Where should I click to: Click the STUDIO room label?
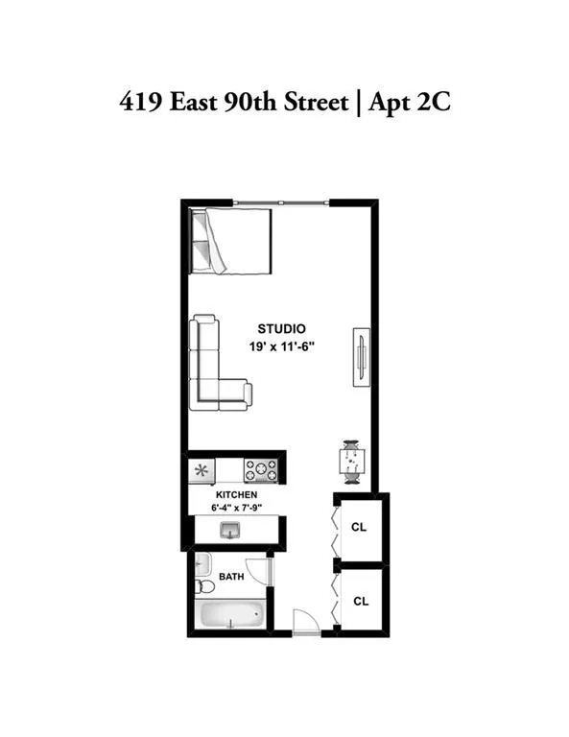(x=281, y=329)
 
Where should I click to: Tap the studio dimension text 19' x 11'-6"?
(x=281, y=346)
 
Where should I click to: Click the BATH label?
(x=231, y=578)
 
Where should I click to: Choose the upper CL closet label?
(x=359, y=527)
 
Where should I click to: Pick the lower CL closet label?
(x=361, y=602)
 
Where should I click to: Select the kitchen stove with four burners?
(x=260, y=470)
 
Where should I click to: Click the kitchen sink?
(x=230, y=529)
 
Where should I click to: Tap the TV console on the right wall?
(x=361, y=356)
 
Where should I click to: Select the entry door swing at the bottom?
(x=305, y=622)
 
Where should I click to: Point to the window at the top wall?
(x=282, y=202)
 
